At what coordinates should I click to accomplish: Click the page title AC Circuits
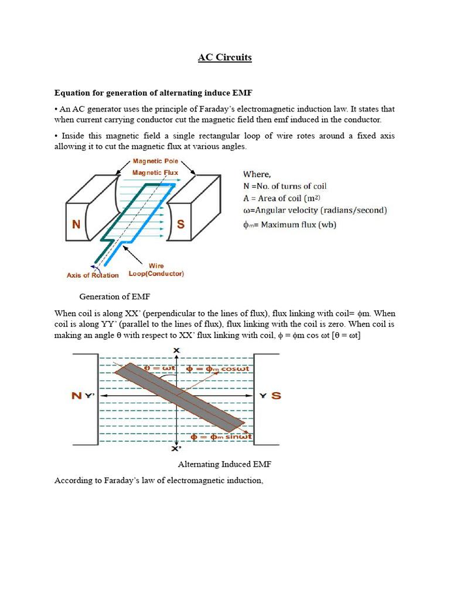(x=224, y=58)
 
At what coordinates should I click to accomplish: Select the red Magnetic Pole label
(x=155, y=161)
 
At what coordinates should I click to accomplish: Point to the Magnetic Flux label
(x=155, y=173)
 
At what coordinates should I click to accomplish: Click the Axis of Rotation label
(x=93, y=275)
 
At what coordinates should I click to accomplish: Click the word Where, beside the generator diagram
(x=257, y=174)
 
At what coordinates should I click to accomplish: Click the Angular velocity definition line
(x=315, y=210)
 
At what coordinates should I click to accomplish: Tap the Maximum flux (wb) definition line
(x=289, y=224)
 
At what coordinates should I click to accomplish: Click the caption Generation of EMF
(x=115, y=296)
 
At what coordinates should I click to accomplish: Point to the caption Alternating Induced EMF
(x=224, y=464)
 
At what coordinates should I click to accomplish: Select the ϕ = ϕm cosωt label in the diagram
(x=217, y=369)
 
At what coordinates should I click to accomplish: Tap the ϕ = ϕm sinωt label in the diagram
(x=222, y=436)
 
